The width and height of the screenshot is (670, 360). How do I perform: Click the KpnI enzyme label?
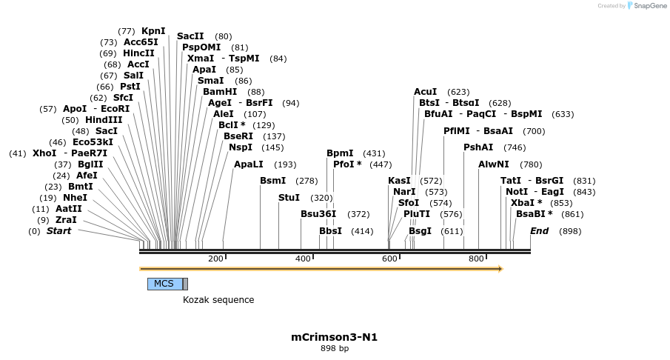(x=153, y=31)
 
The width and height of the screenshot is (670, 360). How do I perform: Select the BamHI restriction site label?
(x=220, y=92)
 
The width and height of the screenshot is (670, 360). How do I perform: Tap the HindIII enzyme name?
(x=104, y=120)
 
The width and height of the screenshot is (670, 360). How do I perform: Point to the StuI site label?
(x=289, y=198)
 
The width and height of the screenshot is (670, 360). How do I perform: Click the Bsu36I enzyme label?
(x=318, y=214)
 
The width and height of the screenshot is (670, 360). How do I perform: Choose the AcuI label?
(x=425, y=92)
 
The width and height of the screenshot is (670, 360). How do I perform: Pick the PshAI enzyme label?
(x=478, y=147)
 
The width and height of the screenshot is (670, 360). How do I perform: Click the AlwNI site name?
(x=494, y=164)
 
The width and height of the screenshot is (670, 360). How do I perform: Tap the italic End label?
(x=539, y=231)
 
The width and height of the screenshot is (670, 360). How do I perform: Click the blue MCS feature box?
(x=164, y=284)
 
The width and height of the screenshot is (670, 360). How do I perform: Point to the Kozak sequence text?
(x=218, y=300)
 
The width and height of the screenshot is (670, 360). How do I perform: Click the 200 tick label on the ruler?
(x=215, y=259)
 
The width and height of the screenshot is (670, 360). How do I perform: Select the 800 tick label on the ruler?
(x=476, y=259)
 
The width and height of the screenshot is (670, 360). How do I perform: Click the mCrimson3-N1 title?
(x=335, y=337)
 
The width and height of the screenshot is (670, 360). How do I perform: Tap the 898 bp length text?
(x=335, y=348)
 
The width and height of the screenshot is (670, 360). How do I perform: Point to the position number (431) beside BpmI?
(x=374, y=153)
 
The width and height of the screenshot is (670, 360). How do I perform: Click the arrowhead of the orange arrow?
(x=500, y=269)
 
